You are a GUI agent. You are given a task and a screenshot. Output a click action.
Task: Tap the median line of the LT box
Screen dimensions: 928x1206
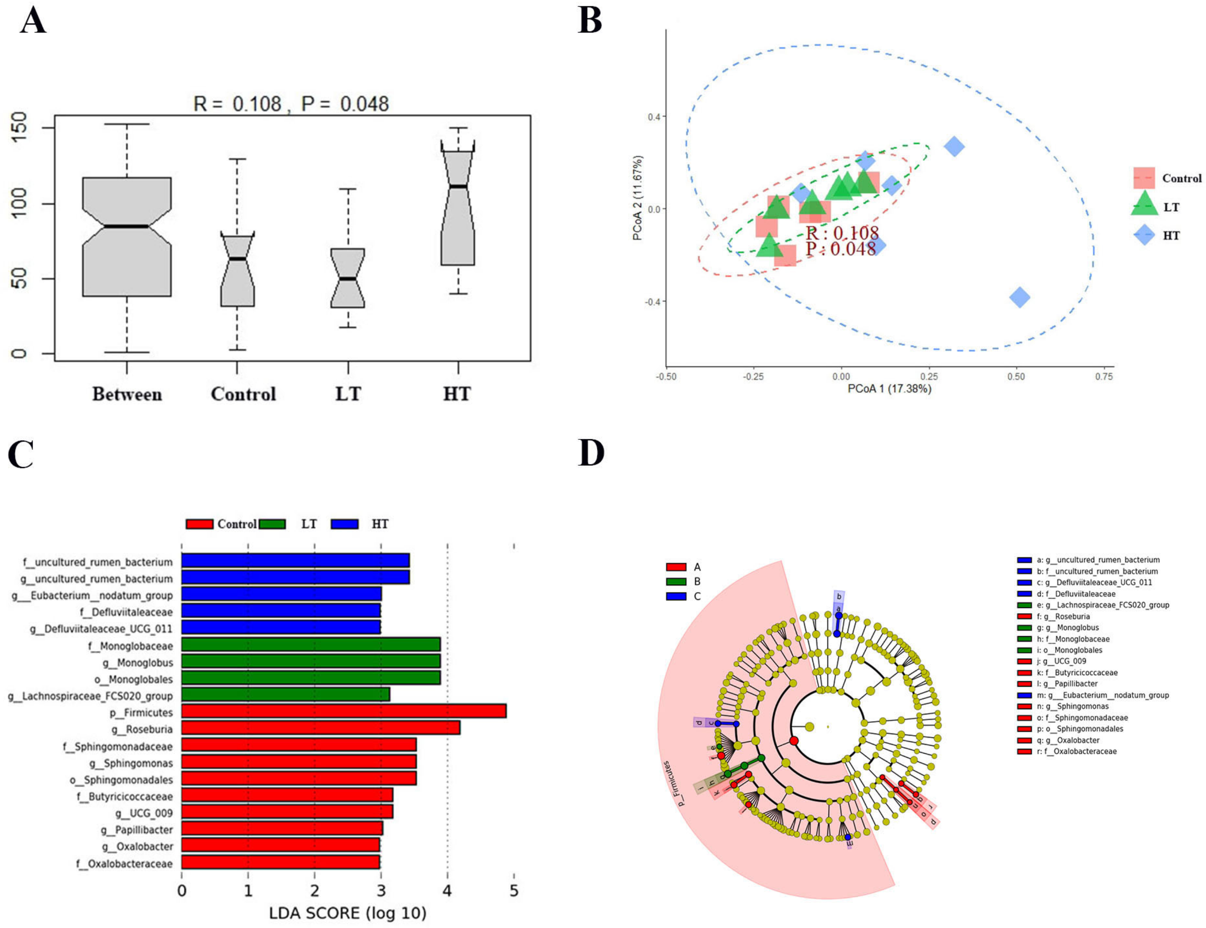click(348, 278)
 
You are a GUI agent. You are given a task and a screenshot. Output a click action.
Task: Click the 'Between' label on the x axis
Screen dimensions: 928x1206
click(127, 394)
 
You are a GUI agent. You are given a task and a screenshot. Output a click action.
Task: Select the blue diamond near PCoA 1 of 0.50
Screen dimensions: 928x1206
click(1020, 297)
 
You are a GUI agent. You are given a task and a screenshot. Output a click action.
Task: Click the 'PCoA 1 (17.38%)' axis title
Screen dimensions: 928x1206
click(889, 389)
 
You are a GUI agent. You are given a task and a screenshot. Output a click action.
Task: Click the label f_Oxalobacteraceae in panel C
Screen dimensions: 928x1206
click(124, 863)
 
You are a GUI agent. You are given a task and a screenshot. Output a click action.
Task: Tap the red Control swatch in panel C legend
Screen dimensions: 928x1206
click(200, 524)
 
